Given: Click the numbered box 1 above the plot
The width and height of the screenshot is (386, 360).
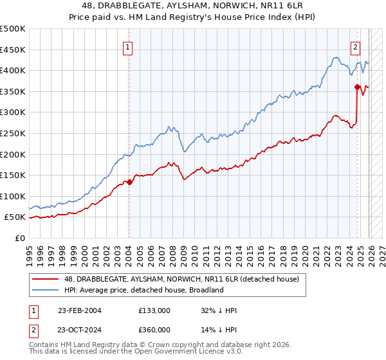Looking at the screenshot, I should tap(129, 46).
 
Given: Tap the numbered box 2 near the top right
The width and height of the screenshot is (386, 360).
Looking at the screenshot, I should tap(355, 46).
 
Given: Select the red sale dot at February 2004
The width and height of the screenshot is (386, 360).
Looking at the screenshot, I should tap(129, 182).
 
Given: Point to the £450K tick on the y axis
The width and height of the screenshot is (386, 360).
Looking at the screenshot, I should tap(13, 50).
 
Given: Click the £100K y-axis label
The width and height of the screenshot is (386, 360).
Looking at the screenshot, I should tap(13, 196).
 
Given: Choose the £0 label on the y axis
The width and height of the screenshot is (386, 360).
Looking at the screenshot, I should tap(19, 238).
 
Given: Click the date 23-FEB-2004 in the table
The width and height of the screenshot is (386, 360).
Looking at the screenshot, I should tap(79, 310).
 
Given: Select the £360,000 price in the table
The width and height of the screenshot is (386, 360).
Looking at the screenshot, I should tap(154, 329).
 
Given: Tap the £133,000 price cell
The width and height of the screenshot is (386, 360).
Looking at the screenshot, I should tap(154, 310).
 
